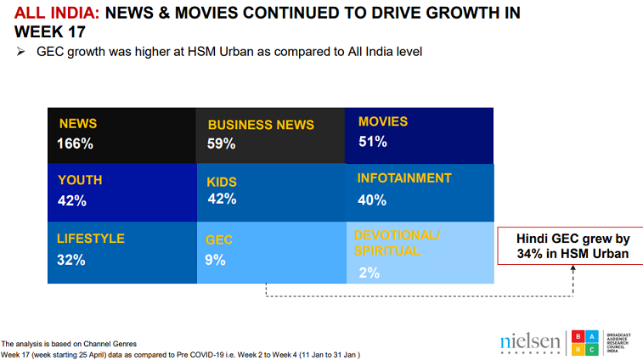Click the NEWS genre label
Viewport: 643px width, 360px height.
(78, 123)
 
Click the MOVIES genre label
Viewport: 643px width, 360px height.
(383, 121)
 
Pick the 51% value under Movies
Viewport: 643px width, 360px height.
(372, 142)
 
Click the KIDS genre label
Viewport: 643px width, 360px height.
(222, 182)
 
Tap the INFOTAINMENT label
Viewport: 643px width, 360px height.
(403, 178)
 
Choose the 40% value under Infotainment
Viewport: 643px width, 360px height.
(372, 200)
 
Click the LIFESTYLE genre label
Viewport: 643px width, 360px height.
(91, 239)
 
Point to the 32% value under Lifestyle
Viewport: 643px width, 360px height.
(71, 260)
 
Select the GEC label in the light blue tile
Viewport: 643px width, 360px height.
(219, 240)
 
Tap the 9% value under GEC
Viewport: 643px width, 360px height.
(215, 260)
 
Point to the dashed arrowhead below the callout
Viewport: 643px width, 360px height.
(574, 268)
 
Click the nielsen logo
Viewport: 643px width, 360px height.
(529, 342)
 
